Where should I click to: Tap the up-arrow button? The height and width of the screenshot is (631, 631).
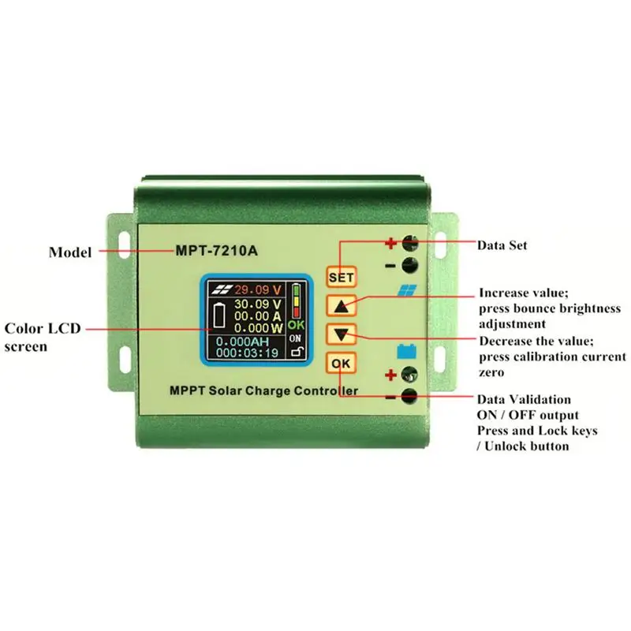tap(342, 305)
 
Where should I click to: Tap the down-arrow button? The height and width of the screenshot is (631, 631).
tap(342, 334)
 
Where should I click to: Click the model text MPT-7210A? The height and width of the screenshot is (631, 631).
tap(216, 251)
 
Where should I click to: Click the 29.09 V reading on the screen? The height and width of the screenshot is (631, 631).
tap(258, 289)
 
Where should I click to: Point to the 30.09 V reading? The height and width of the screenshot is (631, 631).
tap(258, 304)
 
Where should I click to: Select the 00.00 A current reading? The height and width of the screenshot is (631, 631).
tap(258, 316)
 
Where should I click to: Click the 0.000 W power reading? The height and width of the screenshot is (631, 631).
tap(259, 328)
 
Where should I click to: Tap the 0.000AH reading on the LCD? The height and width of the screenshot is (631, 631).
tap(243, 342)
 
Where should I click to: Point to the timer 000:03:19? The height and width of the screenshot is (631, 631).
tap(247, 353)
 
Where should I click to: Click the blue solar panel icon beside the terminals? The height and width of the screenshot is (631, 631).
tap(407, 290)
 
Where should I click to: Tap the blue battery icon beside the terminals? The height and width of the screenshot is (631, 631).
tap(407, 351)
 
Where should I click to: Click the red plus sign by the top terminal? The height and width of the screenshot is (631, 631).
tap(390, 244)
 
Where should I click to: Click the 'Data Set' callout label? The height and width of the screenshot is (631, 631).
tap(502, 245)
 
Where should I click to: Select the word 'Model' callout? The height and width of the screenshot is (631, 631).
tap(70, 252)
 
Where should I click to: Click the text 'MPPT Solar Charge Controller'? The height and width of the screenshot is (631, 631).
tap(264, 390)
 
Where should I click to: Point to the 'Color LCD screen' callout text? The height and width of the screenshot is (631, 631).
tap(43, 338)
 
